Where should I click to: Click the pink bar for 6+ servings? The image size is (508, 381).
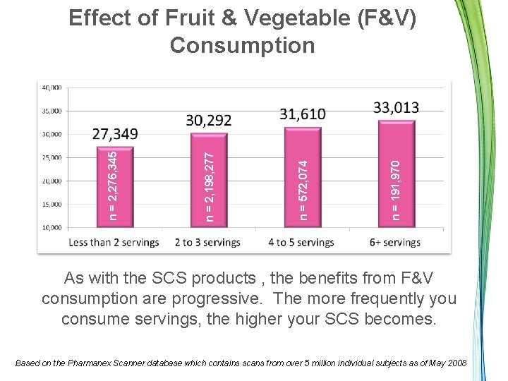(397, 174)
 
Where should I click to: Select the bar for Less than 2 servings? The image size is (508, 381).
(115, 187)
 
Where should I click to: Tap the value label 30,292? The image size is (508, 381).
(209, 121)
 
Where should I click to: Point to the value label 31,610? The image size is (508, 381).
(303, 114)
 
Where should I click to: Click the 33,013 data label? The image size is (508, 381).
(397, 107)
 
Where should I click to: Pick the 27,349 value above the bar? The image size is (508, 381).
(115, 134)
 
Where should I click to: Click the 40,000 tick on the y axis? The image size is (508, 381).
(52, 87)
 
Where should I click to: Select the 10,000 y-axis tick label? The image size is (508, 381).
(52, 228)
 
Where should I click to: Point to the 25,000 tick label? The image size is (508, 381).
(52, 158)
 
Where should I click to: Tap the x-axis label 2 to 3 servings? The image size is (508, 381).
(207, 242)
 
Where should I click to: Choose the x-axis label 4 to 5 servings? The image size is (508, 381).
(301, 242)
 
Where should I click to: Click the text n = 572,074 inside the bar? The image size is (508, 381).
(303, 190)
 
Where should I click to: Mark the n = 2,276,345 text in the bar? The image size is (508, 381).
(113, 186)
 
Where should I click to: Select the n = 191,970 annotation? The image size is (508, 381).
(396, 190)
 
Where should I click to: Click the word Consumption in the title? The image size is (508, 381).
(242, 45)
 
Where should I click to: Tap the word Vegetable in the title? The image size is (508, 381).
(297, 18)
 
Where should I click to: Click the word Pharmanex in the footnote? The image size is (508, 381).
(89, 363)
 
